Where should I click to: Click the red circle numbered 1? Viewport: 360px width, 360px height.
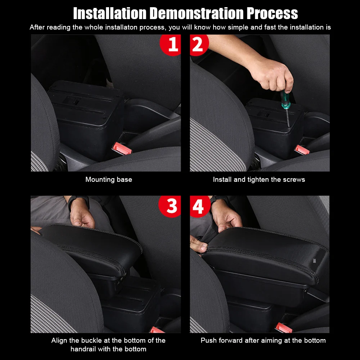coord(170,45)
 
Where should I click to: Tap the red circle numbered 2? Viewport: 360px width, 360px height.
coord(199,45)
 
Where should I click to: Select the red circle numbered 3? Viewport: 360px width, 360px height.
coord(170,206)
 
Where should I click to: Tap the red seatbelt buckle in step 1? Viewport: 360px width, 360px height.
coord(122,148)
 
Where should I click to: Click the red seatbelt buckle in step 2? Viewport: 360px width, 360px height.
coord(302,150)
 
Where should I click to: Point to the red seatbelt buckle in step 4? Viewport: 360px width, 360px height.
coord(284,328)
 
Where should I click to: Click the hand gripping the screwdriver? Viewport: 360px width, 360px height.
coord(272,76)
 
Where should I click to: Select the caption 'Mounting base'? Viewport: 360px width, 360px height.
coord(109,179)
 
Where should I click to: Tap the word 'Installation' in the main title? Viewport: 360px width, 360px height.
coord(110,13)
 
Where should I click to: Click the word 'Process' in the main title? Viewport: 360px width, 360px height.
coord(272,13)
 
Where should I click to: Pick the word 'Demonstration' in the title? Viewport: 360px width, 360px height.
coord(197,13)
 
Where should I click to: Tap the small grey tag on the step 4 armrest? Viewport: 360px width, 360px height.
coord(315,261)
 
